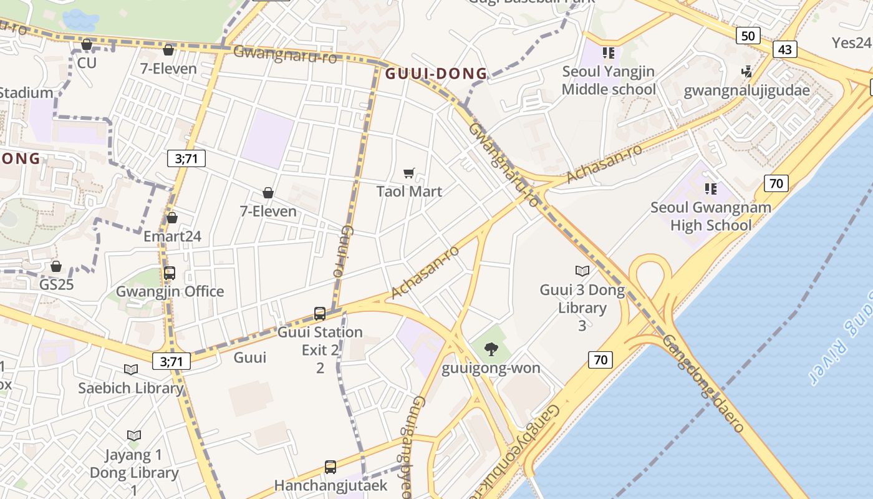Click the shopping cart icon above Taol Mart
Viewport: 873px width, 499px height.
409,173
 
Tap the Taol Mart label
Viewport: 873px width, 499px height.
409,191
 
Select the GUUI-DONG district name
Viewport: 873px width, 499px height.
436,74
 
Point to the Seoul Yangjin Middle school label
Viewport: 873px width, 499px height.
609,80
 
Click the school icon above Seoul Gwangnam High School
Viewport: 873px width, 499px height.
710,188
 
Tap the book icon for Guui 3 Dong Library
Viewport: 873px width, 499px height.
582,271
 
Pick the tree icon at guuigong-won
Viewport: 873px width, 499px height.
491,349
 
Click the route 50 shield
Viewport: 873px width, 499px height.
748,36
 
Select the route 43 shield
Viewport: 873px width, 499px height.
785,49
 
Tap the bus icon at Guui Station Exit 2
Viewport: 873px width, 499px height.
320,314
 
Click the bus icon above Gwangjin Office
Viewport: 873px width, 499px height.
170,273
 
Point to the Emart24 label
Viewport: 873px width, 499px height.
172,236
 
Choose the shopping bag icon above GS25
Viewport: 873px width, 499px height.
56,266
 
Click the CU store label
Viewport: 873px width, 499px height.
87,63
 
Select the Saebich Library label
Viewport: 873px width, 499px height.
131,388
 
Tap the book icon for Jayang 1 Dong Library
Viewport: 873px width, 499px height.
133,435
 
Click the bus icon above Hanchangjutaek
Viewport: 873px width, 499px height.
330,467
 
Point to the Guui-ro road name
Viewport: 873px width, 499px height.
342,251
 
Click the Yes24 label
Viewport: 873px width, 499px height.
852,42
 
